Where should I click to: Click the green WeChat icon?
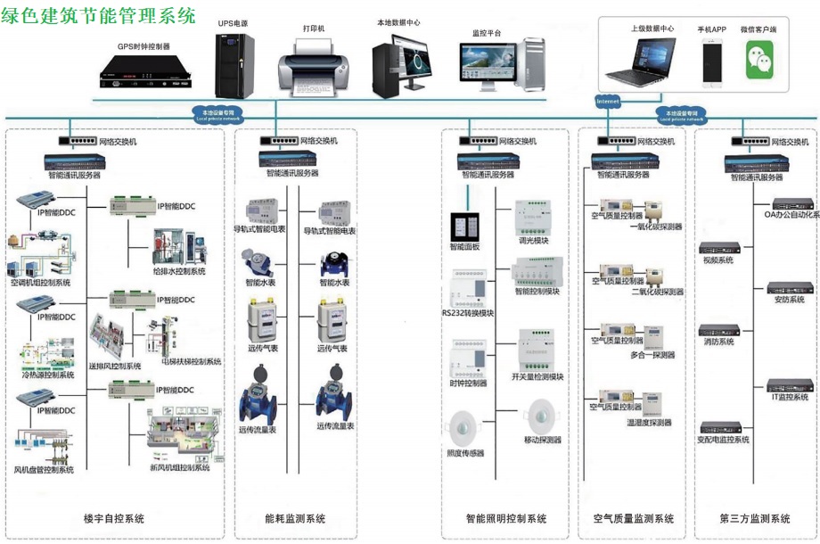[759, 61]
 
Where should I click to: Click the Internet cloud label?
[608, 103]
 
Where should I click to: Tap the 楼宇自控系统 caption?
[113, 519]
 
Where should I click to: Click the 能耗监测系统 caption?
[295, 519]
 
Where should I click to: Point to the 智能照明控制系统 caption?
[506, 519]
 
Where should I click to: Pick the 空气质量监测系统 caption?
[634, 519]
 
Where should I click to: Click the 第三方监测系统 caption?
[755, 519]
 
